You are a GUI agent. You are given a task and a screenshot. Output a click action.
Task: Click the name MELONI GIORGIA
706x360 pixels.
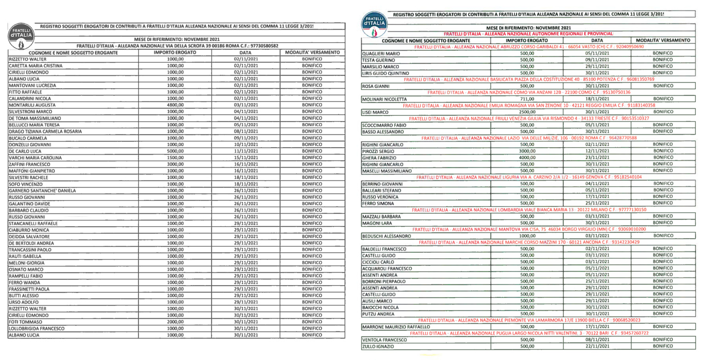[25, 263]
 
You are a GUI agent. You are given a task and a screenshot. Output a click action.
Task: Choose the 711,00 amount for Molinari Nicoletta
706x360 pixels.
[524, 99]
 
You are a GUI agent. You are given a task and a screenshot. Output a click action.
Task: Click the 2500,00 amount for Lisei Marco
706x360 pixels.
[524, 112]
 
